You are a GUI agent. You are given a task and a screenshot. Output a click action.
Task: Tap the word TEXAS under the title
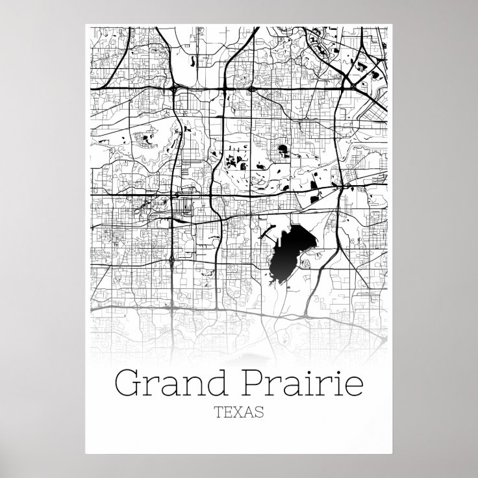pyautogui.click(x=239, y=411)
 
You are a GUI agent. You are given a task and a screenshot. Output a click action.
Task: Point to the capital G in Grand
pyautogui.click(x=127, y=382)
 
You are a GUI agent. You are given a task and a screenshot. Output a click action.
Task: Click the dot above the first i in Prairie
pyautogui.click(x=314, y=370)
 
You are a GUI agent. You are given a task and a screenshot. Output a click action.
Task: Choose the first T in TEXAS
pyautogui.click(x=217, y=411)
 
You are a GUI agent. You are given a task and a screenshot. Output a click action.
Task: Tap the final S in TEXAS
pyautogui.click(x=260, y=411)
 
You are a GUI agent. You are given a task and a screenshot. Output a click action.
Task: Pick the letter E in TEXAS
pyautogui.click(x=227, y=411)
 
